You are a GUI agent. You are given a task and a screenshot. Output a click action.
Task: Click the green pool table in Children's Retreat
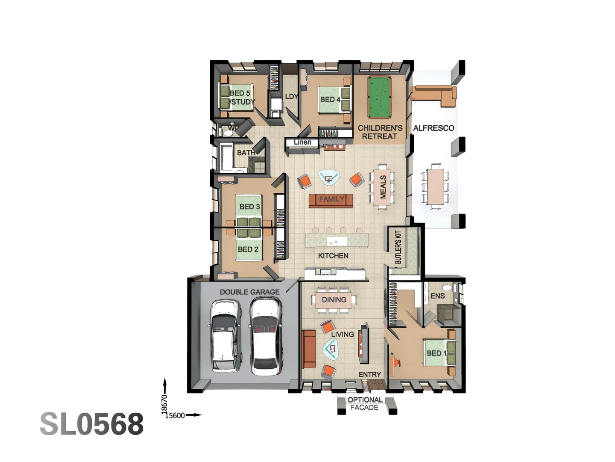click(379, 98)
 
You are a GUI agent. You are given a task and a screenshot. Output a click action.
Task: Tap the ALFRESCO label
click(433, 128)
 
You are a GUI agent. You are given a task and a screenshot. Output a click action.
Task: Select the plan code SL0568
click(92, 424)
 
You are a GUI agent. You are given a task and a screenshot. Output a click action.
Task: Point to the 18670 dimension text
click(164, 404)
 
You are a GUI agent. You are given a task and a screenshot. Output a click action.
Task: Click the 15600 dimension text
click(175, 415)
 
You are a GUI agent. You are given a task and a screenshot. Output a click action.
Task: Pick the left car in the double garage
click(224, 335)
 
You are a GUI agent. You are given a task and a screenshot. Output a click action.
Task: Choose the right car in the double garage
click(266, 336)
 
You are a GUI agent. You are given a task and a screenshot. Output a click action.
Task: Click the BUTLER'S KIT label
click(398, 247)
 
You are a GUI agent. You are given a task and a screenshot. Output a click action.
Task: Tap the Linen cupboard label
click(302, 142)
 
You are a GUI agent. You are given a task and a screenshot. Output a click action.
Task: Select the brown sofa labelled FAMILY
click(331, 200)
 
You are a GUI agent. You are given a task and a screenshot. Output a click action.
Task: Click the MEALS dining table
click(382, 187)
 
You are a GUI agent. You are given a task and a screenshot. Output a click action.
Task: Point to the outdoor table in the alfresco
click(435, 186)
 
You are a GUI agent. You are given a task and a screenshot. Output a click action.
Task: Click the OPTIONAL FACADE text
click(364, 403)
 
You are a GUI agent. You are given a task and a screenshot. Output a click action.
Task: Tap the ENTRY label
click(369, 374)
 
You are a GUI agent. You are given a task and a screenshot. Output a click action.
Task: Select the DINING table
click(334, 300)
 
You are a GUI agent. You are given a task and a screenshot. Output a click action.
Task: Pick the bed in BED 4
click(334, 100)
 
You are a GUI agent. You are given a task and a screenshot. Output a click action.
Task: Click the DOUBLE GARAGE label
click(249, 292)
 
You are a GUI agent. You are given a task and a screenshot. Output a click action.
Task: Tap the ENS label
click(437, 296)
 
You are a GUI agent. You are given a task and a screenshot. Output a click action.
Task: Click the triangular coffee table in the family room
click(328, 178)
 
